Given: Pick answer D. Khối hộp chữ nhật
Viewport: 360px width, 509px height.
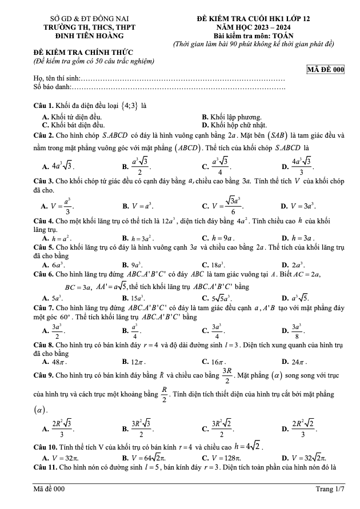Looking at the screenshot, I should click(235, 124).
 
